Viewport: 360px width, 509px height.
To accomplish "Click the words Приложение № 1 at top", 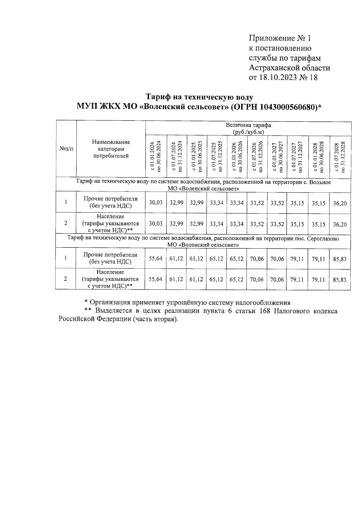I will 280,38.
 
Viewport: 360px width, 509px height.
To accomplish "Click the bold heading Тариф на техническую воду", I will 199,97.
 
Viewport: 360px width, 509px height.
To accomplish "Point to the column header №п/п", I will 66,149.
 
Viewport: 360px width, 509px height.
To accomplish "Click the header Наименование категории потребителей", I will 111,149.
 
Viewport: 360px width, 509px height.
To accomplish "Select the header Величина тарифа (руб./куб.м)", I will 248,129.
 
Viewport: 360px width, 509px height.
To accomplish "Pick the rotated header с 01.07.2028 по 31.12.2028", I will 340,157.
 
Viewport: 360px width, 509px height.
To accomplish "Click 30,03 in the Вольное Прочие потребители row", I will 156,203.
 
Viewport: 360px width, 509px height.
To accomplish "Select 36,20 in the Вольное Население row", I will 340,224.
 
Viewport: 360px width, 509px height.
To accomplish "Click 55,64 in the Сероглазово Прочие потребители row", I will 155,258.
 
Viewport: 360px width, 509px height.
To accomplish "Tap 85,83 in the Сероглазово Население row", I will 340,280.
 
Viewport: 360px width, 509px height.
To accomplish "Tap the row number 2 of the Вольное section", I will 66,223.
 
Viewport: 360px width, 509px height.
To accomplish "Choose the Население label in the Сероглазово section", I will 110,272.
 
